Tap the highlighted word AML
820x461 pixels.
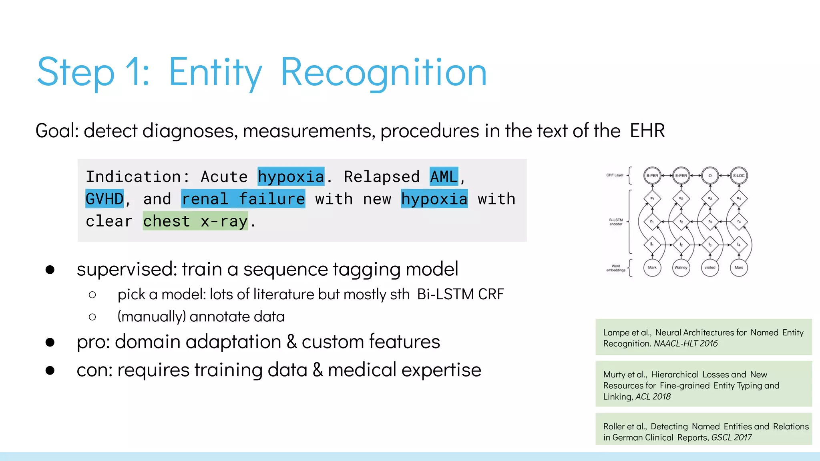tap(444, 176)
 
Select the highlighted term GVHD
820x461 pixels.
tap(105, 199)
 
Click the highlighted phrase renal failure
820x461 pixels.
tap(243, 199)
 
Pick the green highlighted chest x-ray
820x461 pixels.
tap(195, 221)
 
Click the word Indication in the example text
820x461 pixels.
tap(133, 176)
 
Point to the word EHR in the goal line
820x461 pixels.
tap(647, 131)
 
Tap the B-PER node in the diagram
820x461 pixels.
tap(652, 176)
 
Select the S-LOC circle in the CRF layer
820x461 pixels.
tap(739, 176)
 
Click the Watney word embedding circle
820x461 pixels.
tap(681, 268)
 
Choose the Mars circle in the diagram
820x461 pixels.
tap(739, 268)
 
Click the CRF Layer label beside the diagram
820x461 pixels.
tap(615, 175)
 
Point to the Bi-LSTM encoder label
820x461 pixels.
tap(616, 222)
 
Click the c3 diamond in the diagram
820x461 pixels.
tap(710, 198)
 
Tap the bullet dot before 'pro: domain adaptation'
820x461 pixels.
tap(50, 342)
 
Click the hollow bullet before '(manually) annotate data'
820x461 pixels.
tap(92, 317)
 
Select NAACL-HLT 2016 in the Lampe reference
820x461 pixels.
tap(686, 343)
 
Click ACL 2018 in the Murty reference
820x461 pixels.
tap(653, 397)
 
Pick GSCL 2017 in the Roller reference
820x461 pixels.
tap(732, 437)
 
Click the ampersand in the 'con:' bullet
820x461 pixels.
tap(318, 370)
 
